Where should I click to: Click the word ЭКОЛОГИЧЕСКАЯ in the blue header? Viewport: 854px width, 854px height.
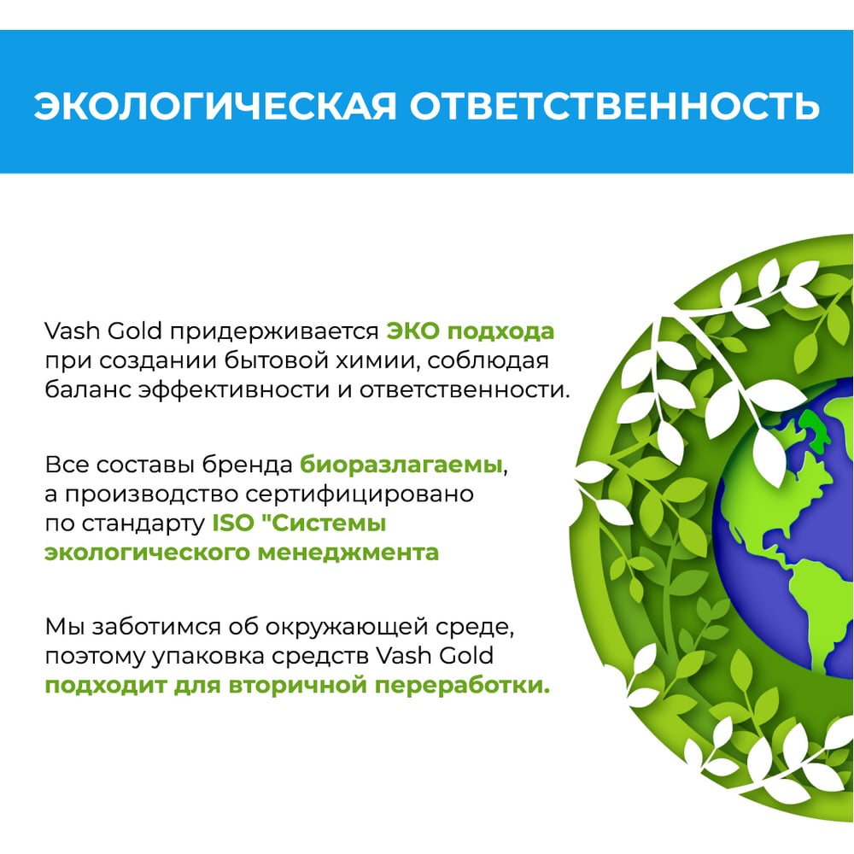pos(215,105)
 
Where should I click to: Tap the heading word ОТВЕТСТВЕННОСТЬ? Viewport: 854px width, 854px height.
pos(615,105)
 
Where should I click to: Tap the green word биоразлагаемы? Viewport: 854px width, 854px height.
pos(401,465)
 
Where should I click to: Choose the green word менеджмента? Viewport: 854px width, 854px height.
pos(348,553)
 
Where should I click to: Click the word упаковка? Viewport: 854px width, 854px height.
pos(208,656)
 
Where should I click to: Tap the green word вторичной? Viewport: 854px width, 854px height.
pos(297,686)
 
